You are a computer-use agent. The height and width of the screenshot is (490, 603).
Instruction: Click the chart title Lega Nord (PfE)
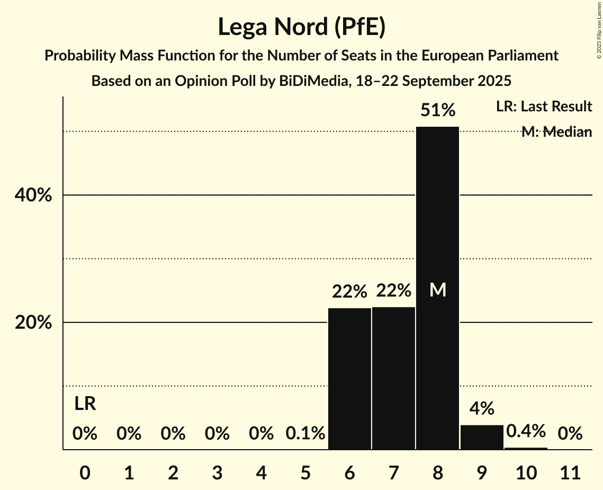point(301,27)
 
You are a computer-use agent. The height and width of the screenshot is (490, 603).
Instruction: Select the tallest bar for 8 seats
point(437,288)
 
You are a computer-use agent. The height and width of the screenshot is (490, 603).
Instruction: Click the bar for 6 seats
point(349,379)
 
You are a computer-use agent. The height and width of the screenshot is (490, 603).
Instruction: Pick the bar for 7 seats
point(393,378)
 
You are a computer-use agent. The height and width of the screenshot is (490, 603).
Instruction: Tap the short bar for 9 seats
point(482,437)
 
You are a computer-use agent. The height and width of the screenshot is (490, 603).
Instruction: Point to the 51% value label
point(437,110)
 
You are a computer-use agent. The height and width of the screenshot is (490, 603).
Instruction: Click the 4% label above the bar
point(482,408)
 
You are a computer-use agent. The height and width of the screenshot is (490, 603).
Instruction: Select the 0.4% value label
point(526,431)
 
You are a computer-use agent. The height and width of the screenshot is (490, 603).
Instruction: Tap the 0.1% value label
point(305,434)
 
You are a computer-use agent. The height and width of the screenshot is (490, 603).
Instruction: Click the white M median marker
point(438,290)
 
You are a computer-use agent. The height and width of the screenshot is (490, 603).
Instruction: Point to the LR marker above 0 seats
point(85,404)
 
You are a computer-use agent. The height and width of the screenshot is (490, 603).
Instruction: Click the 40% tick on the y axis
point(33,195)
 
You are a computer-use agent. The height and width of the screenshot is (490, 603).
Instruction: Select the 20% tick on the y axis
point(33,322)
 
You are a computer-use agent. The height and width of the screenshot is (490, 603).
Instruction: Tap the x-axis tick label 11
point(570,471)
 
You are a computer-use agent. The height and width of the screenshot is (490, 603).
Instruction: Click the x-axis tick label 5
point(305,471)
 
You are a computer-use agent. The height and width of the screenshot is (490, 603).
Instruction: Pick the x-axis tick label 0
point(85,471)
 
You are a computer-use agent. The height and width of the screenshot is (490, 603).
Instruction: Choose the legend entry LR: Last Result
point(544,107)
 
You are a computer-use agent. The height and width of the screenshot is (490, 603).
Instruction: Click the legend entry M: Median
point(556,132)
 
